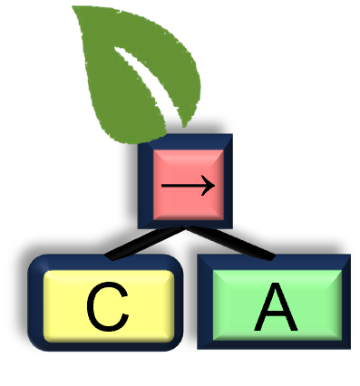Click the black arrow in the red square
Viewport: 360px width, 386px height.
tap(188, 185)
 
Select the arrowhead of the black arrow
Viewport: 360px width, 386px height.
tap(209, 185)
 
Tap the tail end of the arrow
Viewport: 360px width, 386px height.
tap(162, 186)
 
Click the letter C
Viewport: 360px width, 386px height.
tap(108, 307)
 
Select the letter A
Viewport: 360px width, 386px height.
tap(276, 307)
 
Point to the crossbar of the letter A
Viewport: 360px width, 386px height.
tap(276, 316)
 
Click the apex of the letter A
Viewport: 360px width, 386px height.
tap(276, 285)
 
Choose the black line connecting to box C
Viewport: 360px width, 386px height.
tap(145, 243)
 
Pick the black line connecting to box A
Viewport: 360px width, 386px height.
tap(230, 243)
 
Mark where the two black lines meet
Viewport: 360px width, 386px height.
tap(185, 228)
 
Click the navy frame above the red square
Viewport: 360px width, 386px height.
tap(185, 141)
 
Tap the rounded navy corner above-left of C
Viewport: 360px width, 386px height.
tap(37, 264)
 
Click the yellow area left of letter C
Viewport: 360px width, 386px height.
tap(65, 306)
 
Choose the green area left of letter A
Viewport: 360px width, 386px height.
tap(233, 305)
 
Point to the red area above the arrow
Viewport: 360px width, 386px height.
tap(189, 162)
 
